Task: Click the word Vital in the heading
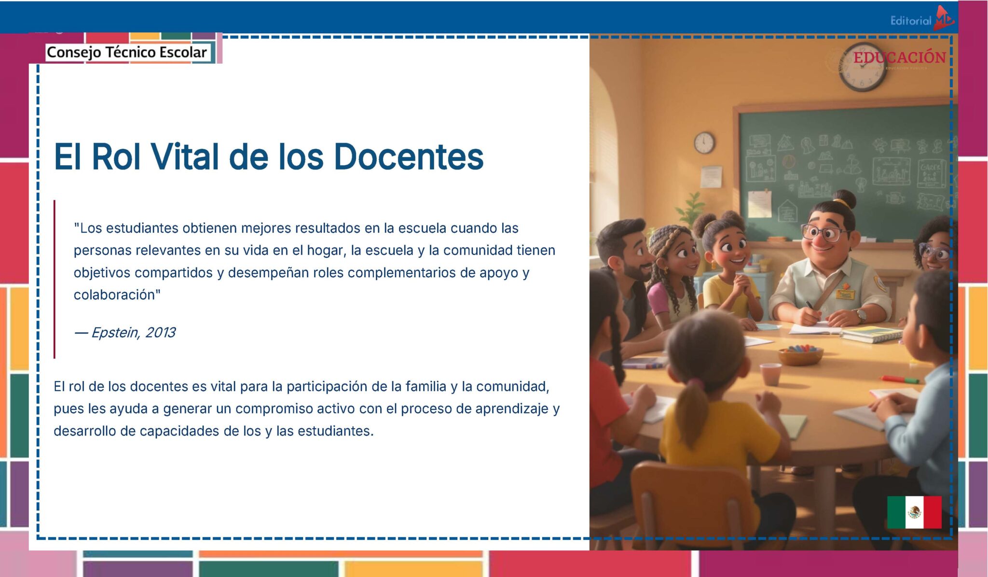(184, 157)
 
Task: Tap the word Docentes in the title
(408, 157)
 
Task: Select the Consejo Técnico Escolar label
(126, 52)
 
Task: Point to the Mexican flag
(914, 512)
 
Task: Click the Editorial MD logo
(922, 20)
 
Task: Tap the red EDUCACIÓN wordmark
(900, 58)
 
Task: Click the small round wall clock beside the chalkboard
(704, 143)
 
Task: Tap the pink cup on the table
(770, 374)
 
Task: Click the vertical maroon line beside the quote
(55, 279)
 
